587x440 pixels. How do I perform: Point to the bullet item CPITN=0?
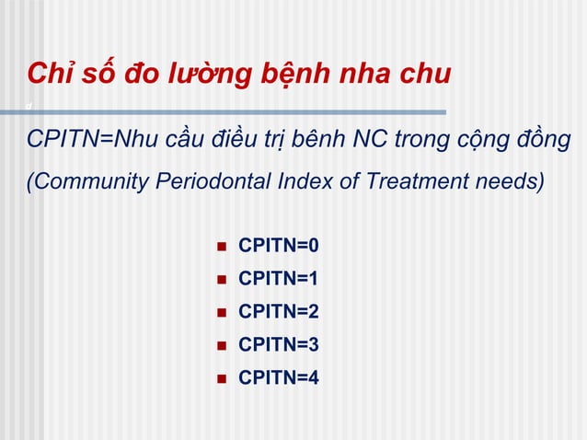click(x=278, y=246)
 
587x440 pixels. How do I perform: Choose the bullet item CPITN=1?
click(x=278, y=278)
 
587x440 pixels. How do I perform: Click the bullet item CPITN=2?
click(x=278, y=311)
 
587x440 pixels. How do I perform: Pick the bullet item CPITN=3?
click(x=278, y=344)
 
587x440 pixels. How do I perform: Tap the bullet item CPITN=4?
click(x=278, y=376)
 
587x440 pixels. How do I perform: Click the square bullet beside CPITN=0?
click(x=220, y=247)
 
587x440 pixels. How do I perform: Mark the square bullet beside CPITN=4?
click(x=220, y=377)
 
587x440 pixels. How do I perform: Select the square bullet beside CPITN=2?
click(x=220, y=312)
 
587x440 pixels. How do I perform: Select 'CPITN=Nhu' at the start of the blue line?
click(x=84, y=140)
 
